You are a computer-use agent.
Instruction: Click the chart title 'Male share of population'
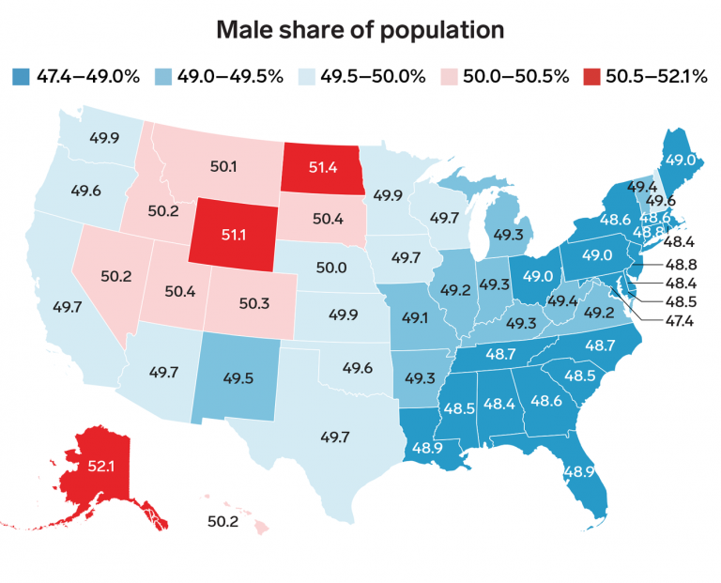[x=360, y=30]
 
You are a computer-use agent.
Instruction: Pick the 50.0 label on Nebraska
[x=331, y=268]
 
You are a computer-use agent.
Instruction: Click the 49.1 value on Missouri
[x=414, y=318]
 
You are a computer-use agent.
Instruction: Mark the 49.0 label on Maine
[x=680, y=161]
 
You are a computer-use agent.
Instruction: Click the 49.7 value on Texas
[x=335, y=437]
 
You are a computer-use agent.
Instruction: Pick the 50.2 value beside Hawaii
[x=222, y=521]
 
